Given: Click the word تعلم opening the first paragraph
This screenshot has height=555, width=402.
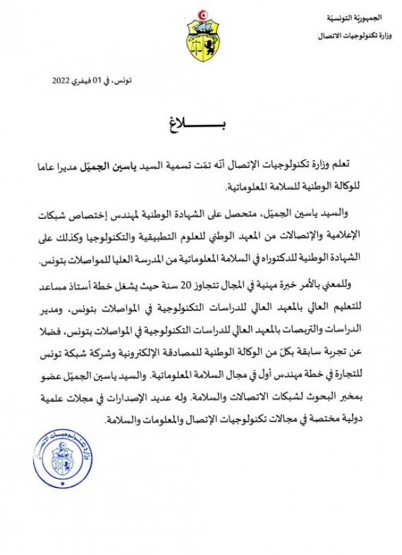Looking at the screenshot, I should pos(355,163).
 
